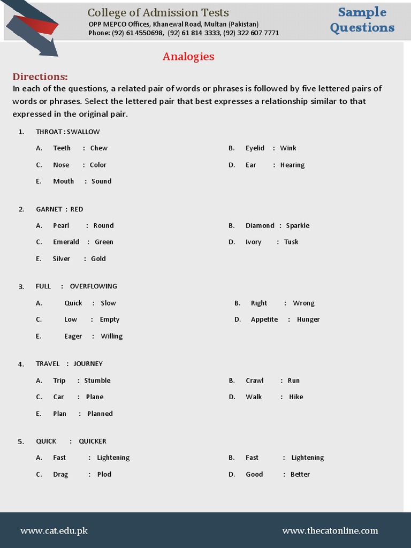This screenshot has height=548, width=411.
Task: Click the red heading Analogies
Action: (188, 56)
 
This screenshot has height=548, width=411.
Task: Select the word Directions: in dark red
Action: (40, 77)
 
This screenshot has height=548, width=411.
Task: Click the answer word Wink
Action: (288, 148)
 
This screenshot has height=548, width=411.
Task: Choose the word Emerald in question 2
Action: (66, 242)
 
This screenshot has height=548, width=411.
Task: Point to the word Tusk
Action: (291, 242)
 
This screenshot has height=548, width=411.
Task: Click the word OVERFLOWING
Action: (93, 286)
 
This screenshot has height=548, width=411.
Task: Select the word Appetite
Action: (264, 319)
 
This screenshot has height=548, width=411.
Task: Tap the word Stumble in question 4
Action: (97, 380)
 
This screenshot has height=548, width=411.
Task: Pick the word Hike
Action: (296, 397)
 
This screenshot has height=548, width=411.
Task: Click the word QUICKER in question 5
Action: (93, 442)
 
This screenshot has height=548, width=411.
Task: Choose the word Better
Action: (300, 475)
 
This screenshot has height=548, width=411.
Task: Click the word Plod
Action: (104, 475)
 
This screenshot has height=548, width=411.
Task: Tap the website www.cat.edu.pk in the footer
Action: (54, 531)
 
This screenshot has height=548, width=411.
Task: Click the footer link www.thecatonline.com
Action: (330, 531)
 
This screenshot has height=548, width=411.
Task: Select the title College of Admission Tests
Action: (158, 12)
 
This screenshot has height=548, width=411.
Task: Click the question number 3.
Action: (21, 287)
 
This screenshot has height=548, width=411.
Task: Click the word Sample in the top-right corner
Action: (362, 12)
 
